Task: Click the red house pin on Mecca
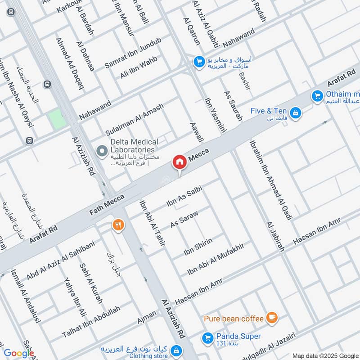(x=179, y=162)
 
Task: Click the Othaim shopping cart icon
(x=317, y=95)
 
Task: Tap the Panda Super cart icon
(x=208, y=337)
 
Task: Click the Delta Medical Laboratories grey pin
(x=102, y=150)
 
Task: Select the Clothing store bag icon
(x=176, y=350)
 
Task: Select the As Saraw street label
(x=184, y=219)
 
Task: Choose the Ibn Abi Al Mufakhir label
(x=215, y=258)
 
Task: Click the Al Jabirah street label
(x=275, y=237)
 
